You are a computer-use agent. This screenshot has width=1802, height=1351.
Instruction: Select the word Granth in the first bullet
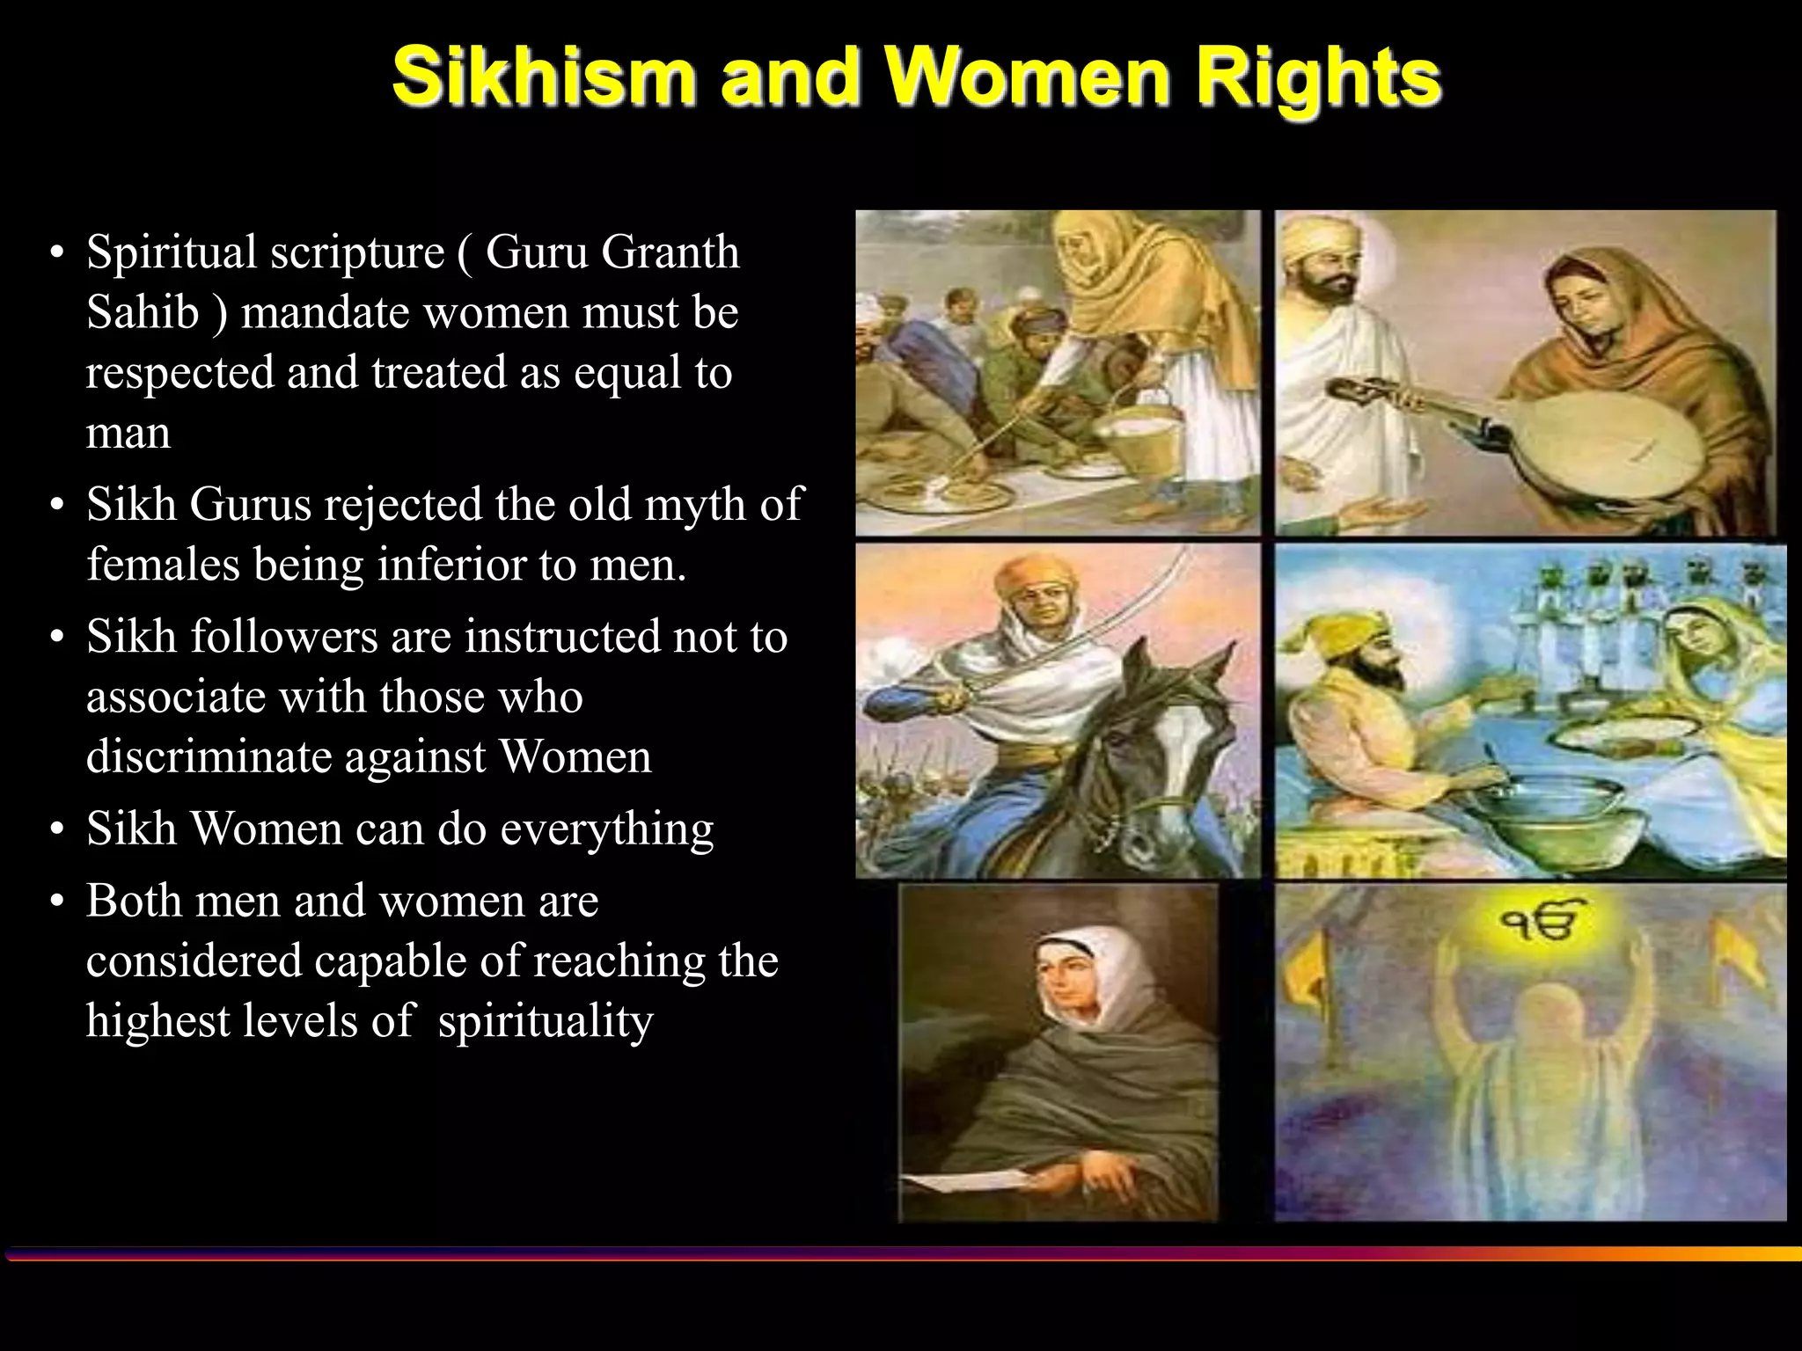670,252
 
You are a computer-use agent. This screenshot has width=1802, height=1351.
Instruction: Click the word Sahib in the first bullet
143,312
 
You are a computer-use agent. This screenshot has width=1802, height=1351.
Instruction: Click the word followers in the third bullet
283,637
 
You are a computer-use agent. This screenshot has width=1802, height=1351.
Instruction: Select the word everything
607,829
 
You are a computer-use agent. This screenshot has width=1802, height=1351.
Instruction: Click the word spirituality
546,1022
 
